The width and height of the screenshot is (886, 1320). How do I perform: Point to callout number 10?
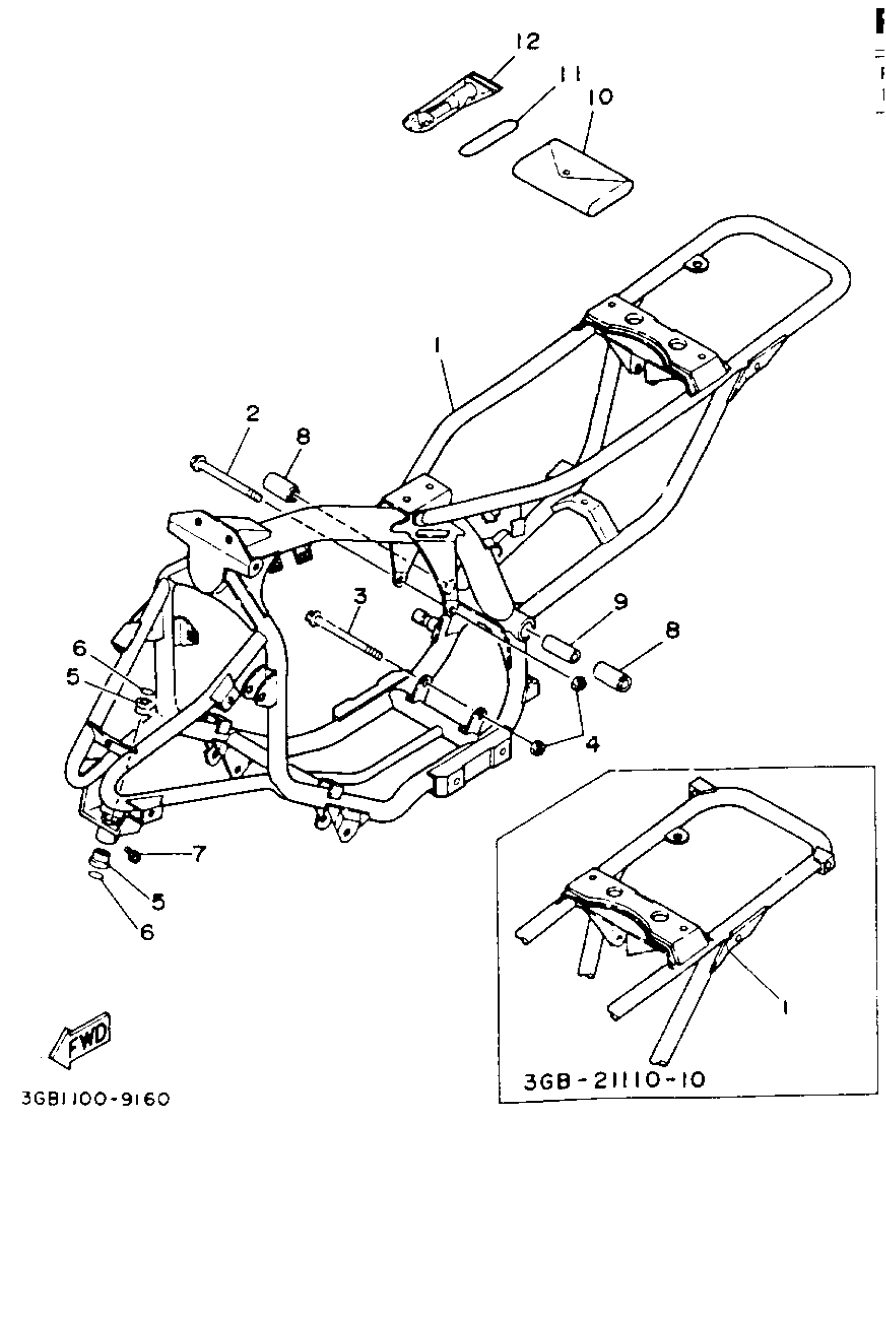(x=600, y=96)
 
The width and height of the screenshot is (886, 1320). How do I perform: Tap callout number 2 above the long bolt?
(x=252, y=414)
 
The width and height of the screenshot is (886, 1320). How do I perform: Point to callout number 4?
(x=592, y=744)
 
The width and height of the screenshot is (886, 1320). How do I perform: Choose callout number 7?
(x=199, y=853)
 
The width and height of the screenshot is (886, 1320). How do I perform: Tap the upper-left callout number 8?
(x=303, y=436)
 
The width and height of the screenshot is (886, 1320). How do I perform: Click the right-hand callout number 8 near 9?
(x=672, y=630)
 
